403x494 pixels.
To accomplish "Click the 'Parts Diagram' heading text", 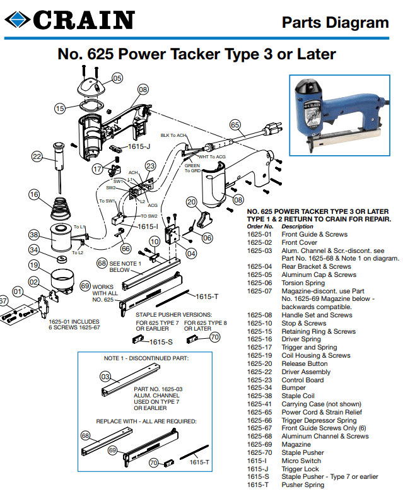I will (335, 23).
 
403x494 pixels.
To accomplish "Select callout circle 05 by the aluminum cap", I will (118, 78).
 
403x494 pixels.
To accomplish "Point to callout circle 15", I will (60, 108).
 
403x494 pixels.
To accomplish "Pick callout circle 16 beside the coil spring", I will (33, 194).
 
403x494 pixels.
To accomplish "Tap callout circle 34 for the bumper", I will (33, 251).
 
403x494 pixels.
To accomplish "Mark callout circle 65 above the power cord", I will (235, 125).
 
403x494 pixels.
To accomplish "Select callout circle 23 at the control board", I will (150, 166).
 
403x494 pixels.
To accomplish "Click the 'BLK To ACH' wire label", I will (173, 136).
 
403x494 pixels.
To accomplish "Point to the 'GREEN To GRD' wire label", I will (192, 168).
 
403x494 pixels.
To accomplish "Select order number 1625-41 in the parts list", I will (260, 404).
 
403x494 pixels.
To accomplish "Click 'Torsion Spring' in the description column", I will (303, 283).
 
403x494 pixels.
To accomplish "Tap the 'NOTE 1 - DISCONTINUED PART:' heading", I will (146, 358).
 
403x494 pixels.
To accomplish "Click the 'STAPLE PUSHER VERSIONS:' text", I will (174, 314).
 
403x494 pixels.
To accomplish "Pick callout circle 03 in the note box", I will (106, 377).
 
